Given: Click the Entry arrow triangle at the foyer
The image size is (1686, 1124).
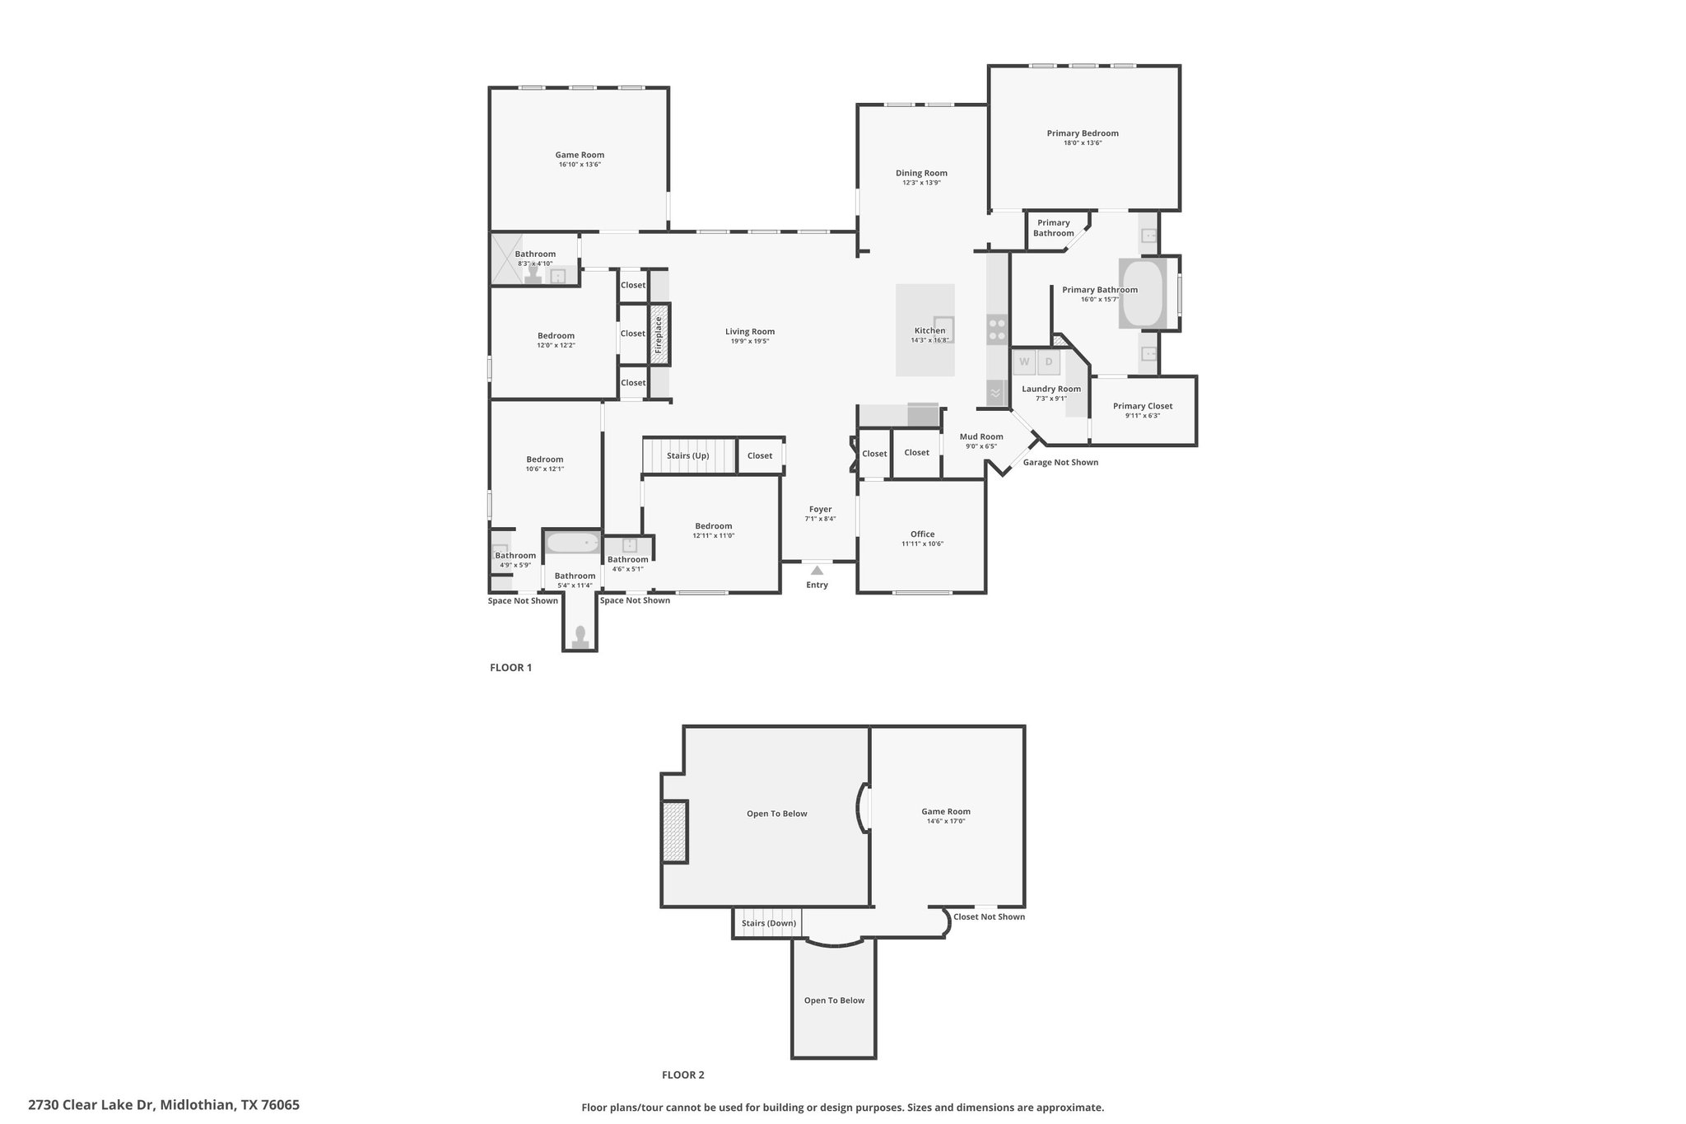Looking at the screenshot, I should pos(817,570).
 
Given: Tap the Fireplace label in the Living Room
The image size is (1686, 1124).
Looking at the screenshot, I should pos(659,334).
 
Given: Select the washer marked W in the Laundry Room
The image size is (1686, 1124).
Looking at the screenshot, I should pos(1024,361).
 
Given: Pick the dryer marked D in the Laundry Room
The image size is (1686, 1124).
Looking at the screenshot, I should pos(1049,361).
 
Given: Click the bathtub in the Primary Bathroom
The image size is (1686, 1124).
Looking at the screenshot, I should pos(1142,294).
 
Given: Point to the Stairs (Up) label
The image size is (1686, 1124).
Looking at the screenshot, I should pos(687,455).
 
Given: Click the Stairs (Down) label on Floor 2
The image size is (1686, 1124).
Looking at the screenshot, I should pos(768,923).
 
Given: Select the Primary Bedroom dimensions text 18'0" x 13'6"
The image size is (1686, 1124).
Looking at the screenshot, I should pos(1083,143).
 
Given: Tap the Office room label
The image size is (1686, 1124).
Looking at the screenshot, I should pos(922,534).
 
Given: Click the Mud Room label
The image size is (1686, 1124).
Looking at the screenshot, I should pos(981,436).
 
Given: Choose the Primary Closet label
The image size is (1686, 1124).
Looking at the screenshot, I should pos(1143,406).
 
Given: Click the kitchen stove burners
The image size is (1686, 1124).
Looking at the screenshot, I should pos(997,329).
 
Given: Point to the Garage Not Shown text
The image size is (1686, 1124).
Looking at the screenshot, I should pos(1060,462).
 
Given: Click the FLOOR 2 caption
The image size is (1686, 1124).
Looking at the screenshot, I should pos(683,1075).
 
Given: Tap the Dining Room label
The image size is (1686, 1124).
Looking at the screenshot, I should pos(921,173).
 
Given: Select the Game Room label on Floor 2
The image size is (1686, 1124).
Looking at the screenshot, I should pos(946,811).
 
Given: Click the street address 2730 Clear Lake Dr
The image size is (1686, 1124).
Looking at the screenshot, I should pos(164,1105).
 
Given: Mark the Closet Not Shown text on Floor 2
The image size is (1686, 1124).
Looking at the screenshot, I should pos(989,916).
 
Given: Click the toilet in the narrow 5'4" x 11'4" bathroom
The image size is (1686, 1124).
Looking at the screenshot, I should pos(580,635).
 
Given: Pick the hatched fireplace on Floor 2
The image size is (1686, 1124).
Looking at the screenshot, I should pos(675,832).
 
